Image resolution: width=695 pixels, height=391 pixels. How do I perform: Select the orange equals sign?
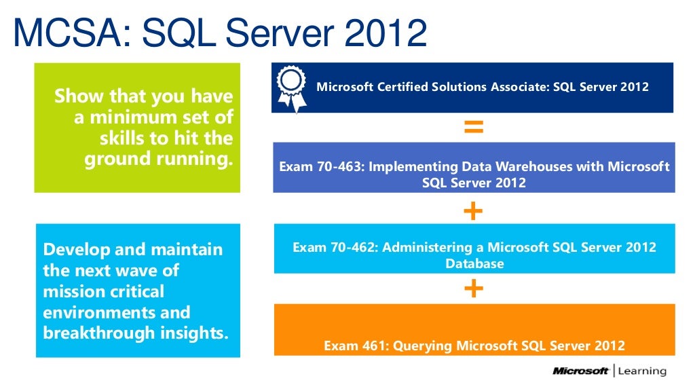[x=473, y=127]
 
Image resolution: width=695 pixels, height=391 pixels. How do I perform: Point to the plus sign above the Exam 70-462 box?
[x=473, y=211]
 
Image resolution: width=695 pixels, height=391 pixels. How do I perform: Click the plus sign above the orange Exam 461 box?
[x=473, y=289]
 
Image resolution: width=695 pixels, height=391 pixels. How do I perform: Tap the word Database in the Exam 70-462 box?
[x=474, y=263]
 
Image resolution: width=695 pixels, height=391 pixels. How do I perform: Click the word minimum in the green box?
[x=145, y=117]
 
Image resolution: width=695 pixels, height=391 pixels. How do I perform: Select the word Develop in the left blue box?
[x=73, y=250]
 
